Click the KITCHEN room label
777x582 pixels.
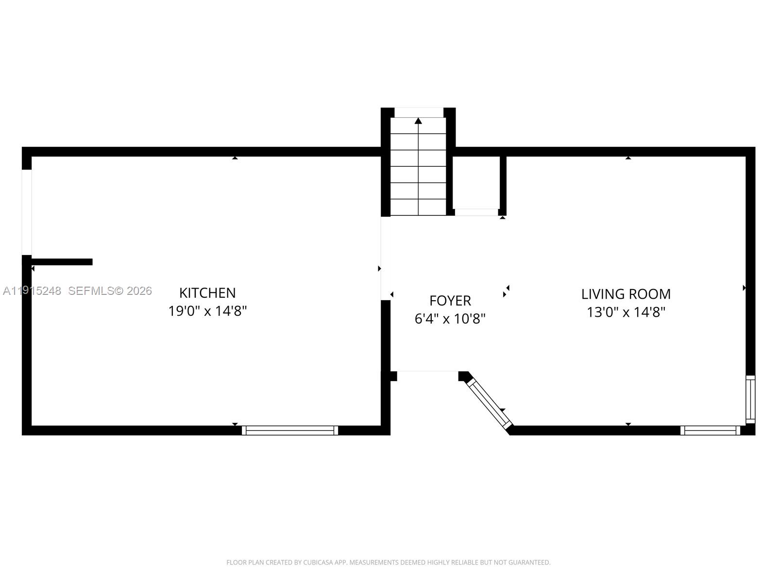(207, 293)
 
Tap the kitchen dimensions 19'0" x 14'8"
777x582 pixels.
(207, 311)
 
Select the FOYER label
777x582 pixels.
(450, 301)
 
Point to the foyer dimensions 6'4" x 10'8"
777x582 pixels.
(450, 319)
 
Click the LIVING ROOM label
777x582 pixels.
(626, 294)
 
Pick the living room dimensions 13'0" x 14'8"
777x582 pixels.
(626, 312)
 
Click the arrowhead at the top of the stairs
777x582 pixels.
(418, 121)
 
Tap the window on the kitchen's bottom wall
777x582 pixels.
(290, 430)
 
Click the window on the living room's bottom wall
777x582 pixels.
(710, 430)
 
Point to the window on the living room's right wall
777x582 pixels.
(750, 399)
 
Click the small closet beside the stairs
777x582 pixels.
(476, 183)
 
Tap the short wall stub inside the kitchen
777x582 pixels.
(62, 262)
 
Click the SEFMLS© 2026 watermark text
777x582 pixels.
(110, 291)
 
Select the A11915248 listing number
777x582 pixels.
(32, 291)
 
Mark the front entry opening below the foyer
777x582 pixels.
(427, 372)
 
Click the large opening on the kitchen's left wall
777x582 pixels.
(27, 212)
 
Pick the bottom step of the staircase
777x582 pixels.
(418, 208)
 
